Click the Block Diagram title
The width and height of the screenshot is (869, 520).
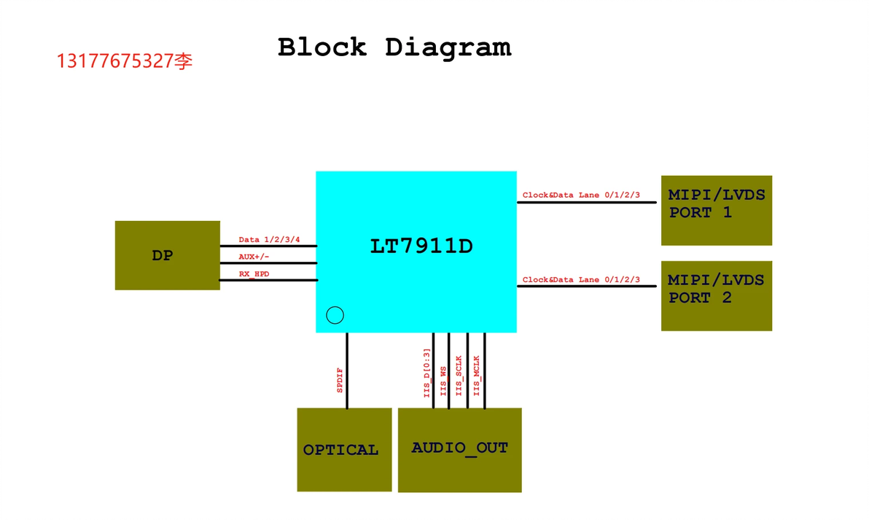tap(394, 47)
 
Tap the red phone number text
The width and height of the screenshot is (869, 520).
tap(125, 61)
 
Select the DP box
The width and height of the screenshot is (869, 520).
tap(167, 255)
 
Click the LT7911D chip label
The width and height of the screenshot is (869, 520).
tap(421, 247)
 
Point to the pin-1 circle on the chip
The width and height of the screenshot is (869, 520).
tap(335, 315)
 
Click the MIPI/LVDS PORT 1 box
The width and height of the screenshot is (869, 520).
tap(716, 209)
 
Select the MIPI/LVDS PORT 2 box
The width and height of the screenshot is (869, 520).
tap(716, 295)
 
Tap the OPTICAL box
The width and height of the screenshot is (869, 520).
tap(344, 449)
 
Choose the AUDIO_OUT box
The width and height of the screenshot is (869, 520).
tap(459, 449)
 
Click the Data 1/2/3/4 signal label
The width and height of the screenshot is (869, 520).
tap(269, 240)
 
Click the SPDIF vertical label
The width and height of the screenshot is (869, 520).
tap(340, 381)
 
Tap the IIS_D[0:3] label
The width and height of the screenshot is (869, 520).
tap(427, 373)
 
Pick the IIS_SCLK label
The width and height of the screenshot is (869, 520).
tap(459, 375)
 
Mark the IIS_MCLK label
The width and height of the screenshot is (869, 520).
tap(477, 375)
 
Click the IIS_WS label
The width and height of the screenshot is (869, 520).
tap(443, 381)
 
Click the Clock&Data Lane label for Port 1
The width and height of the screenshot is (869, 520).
tap(581, 195)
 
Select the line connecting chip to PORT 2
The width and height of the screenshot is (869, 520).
tap(587, 287)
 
